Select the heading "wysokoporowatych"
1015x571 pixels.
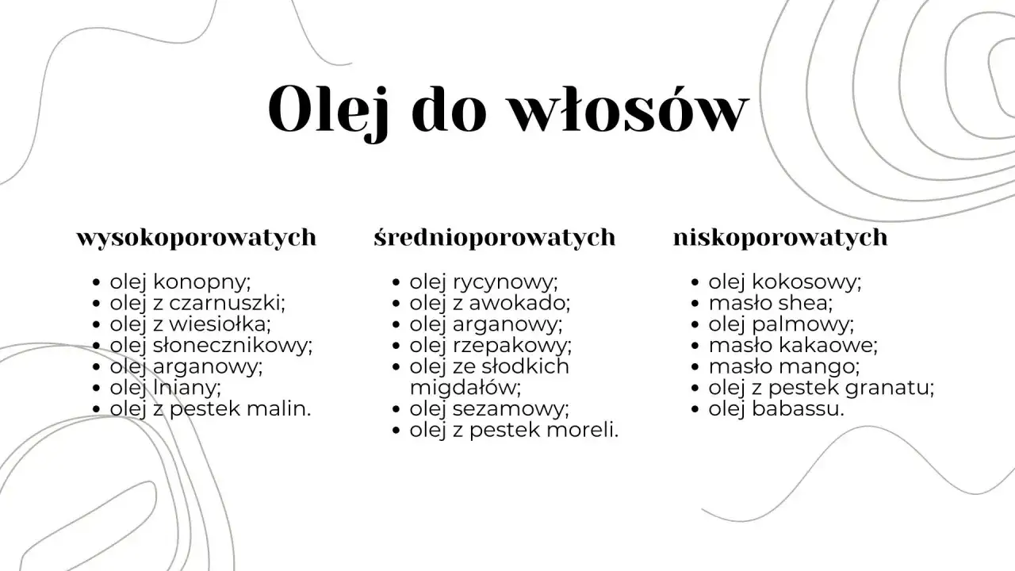196,237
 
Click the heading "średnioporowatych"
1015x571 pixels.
495,237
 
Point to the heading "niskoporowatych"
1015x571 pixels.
780,237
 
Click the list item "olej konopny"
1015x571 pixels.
180,282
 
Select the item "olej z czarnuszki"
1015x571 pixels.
197,303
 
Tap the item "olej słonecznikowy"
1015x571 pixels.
211,346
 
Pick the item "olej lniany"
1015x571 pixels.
165,388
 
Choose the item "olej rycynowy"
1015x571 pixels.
484,282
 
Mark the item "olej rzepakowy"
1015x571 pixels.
490,346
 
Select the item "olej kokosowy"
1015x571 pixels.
784,282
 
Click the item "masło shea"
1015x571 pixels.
771,303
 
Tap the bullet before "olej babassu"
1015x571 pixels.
695,410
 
